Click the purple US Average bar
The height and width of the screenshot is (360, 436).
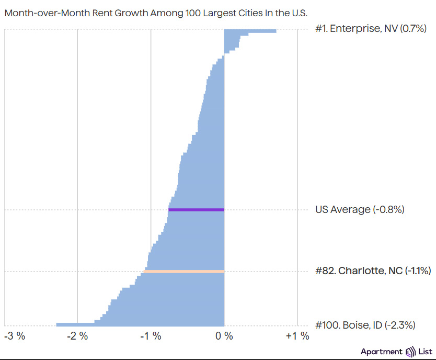point(196,210)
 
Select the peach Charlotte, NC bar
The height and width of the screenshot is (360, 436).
point(184,271)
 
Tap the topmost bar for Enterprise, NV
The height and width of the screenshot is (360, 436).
point(250,31)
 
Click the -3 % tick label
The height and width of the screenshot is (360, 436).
point(14,336)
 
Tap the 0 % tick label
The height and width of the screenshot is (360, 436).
point(224,336)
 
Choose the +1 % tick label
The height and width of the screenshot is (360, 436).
point(297,336)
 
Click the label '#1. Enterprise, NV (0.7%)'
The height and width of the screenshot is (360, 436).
point(368,29)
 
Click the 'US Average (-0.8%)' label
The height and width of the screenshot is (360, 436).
point(360,210)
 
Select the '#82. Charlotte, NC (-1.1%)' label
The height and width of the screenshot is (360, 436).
point(373,271)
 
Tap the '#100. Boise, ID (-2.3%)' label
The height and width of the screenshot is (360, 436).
point(365,325)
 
